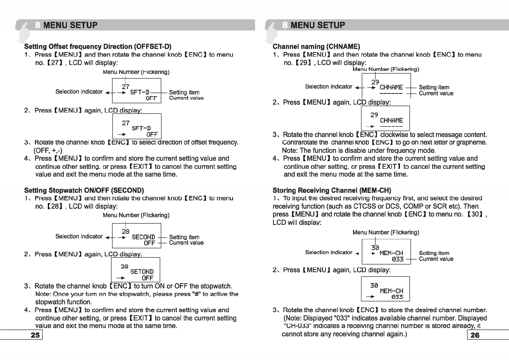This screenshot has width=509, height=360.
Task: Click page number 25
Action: [x=35, y=335]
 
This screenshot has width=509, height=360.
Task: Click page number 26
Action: [x=475, y=335]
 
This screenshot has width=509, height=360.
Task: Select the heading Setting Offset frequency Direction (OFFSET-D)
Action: [x=98, y=47]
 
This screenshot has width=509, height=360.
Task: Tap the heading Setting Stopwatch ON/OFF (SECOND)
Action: [x=84, y=190]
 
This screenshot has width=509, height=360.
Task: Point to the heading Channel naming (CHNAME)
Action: [x=316, y=47]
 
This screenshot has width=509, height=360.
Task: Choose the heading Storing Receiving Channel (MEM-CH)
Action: [x=332, y=190]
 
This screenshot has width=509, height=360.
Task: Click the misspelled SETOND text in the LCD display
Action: [x=142, y=272]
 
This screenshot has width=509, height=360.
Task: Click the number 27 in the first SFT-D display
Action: [x=126, y=87]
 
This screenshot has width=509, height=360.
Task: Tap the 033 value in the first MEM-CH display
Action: [x=397, y=259]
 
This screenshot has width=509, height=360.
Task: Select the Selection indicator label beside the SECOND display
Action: [x=79, y=237]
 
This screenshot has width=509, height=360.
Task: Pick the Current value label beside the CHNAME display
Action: [x=436, y=93]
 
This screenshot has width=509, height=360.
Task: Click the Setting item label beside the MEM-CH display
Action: [x=434, y=253]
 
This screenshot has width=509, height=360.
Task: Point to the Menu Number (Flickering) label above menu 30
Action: [x=386, y=232]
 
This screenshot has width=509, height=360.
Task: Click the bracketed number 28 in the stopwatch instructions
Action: [x=55, y=206]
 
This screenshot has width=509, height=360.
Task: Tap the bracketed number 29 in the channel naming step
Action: [x=303, y=63]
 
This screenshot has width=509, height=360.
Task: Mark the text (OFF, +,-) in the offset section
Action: [x=48, y=150]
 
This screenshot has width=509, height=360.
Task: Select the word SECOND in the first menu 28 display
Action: [x=143, y=237]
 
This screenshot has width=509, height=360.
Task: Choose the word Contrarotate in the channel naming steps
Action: [x=305, y=142]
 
